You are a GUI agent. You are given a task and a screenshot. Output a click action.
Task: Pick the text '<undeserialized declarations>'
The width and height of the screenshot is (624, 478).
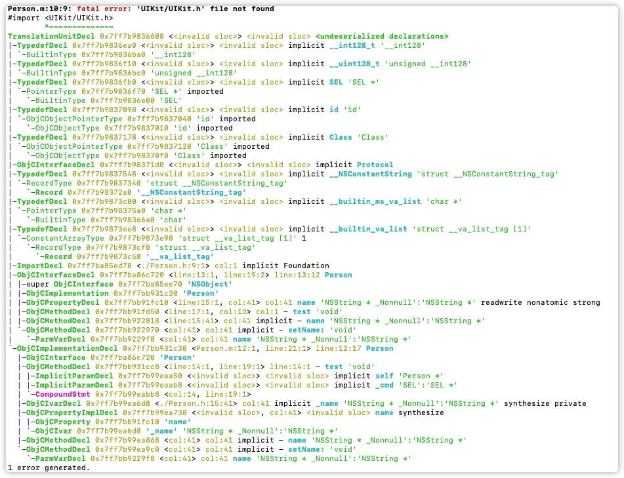(381, 36)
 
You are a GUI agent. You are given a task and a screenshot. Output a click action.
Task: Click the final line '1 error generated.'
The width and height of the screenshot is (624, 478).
(49, 468)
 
